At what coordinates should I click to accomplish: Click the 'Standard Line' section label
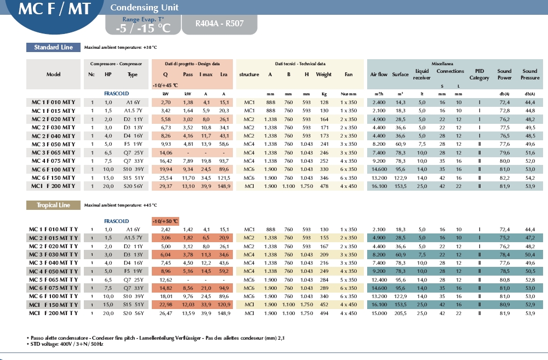point(54,48)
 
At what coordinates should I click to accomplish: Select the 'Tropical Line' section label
point(53,205)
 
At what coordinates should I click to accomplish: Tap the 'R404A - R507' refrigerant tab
point(219,24)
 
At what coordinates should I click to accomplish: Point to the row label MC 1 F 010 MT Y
point(53,102)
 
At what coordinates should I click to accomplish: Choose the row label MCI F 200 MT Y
point(53,186)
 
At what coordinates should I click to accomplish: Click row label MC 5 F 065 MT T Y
point(53,279)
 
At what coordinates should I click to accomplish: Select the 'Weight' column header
point(324,75)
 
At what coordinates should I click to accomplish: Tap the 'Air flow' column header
point(379,75)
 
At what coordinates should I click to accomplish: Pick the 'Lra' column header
point(224,75)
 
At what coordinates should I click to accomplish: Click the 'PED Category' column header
point(480,75)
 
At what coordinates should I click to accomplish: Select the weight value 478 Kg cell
point(324,186)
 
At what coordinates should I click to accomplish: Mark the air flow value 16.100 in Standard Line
point(379,186)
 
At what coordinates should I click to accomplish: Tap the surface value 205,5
point(401,313)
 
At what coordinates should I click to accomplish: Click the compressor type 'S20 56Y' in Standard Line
point(133,186)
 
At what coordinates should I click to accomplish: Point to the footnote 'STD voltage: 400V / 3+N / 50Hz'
point(65,344)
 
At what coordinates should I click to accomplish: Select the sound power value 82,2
point(504,178)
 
